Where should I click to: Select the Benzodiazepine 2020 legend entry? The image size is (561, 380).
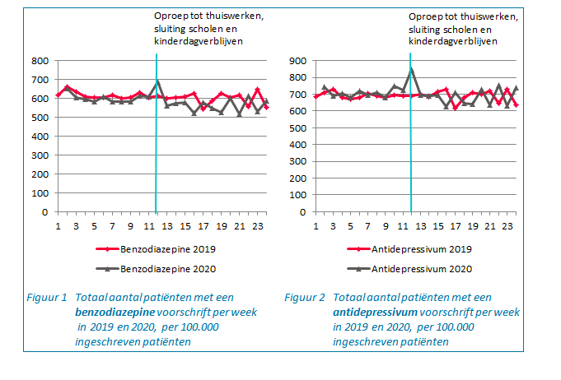tap(166, 269)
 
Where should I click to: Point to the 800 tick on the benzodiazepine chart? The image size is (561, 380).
tap(38, 61)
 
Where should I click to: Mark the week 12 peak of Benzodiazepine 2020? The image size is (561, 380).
tap(157, 81)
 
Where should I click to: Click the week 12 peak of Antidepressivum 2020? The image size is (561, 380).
tap(411, 68)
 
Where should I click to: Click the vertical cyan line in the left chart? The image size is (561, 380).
tap(157, 165)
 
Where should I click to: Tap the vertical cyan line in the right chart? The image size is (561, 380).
tap(411, 165)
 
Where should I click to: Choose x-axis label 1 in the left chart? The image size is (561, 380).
tap(58, 227)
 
